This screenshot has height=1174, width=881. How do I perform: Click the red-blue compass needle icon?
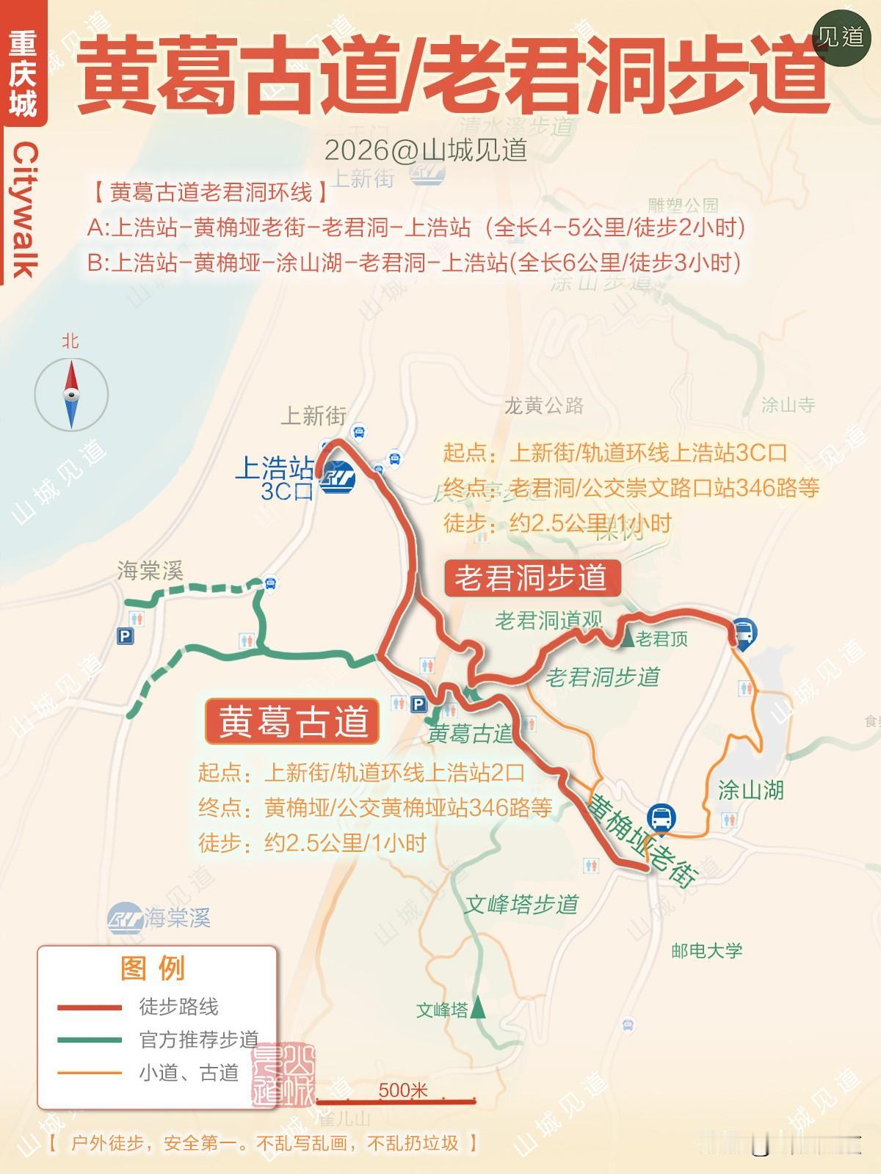[x=71, y=395]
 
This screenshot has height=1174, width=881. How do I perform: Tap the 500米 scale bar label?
[x=402, y=1090]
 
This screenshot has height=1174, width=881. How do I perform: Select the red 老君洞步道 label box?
[x=532, y=578]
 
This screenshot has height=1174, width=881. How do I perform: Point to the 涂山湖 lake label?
[x=750, y=790]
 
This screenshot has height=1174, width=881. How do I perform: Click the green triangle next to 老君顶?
[x=628, y=638]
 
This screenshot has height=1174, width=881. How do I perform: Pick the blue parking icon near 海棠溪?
[x=125, y=636]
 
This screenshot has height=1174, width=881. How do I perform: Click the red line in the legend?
[x=90, y=1007]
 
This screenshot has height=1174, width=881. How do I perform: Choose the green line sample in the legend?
[x=90, y=1040]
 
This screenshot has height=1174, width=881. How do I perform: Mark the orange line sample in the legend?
[x=90, y=1073]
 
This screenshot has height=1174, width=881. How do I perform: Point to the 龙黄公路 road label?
[x=543, y=405]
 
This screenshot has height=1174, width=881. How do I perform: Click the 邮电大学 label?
[x=706, y=951]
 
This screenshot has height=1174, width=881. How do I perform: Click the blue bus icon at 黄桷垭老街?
[x=661, y=818]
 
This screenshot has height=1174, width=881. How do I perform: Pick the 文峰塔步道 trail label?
[x=521, y=904]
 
